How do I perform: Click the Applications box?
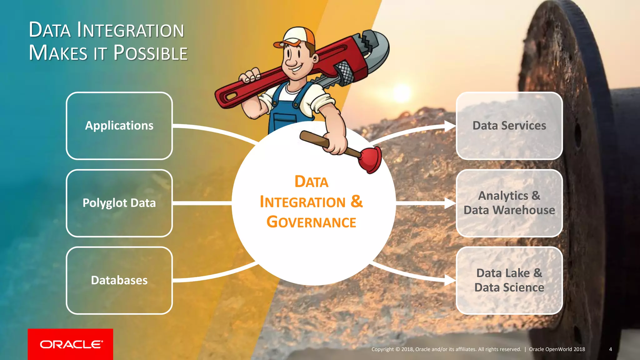click(119, 126)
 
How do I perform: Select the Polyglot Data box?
click(119, 203)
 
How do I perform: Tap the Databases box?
click(119, 280)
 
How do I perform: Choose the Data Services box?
click(509, 126)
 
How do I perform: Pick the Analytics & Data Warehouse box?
click(509, 203)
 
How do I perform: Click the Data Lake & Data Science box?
click(509, 280)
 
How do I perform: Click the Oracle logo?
click(71, 344)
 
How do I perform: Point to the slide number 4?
click(610, 349)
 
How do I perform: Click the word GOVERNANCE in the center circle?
click(311, 222)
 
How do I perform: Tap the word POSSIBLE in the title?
click(150, 53)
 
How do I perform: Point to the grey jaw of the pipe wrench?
click(375, 47)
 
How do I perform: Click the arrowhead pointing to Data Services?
click(450, 126)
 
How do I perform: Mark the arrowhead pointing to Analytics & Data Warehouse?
click(450, 203)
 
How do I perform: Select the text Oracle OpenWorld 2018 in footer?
click(557, 349)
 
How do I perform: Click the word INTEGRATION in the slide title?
click(131, 30)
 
